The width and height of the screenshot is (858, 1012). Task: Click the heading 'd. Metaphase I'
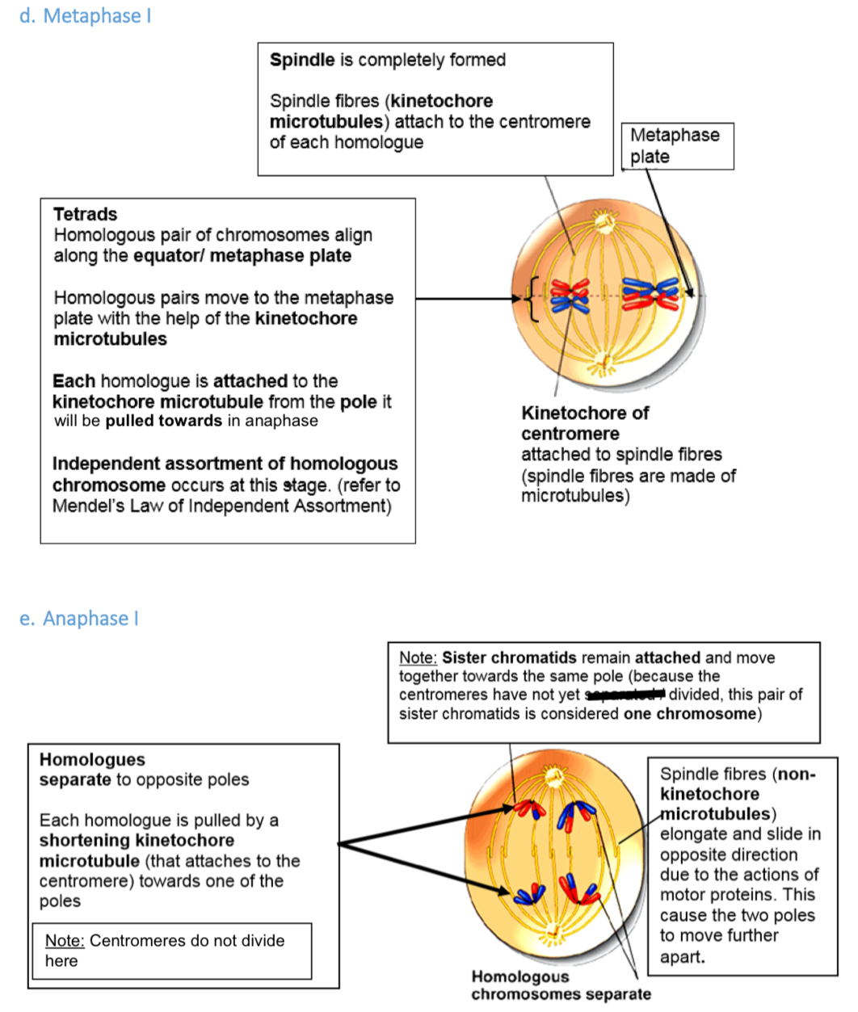pyautogui.click(x=85, y=16)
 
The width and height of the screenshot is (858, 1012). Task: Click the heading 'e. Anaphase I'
pyautogui.click(x=79, y=619)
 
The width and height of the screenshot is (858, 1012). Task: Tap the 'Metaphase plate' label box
pyautogui.click(x=677, y=146)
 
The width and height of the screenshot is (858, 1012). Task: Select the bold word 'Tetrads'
pyautogui.click(x=85, y=214)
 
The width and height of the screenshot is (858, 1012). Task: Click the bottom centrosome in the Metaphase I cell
pyautogui.click(x=601, y=361)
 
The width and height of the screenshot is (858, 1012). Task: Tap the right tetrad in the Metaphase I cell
pyautogui.click(x=651, y=296)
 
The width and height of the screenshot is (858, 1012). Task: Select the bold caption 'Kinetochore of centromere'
pyautogui.click(x=584, y=423)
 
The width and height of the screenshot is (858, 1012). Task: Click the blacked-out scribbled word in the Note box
pyautogui.click(x=625, y=695)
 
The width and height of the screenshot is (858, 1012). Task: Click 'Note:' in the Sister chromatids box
pyautogui.click(x=418, y=657)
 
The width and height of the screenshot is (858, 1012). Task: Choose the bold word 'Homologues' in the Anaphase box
pyautogui.click(x=92, y=759)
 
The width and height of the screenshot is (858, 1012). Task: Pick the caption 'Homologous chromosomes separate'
pyautogui.click(x=560, y=986)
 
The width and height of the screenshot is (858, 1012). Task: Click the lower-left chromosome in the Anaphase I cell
pyautogui.click(x=529, y=893)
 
